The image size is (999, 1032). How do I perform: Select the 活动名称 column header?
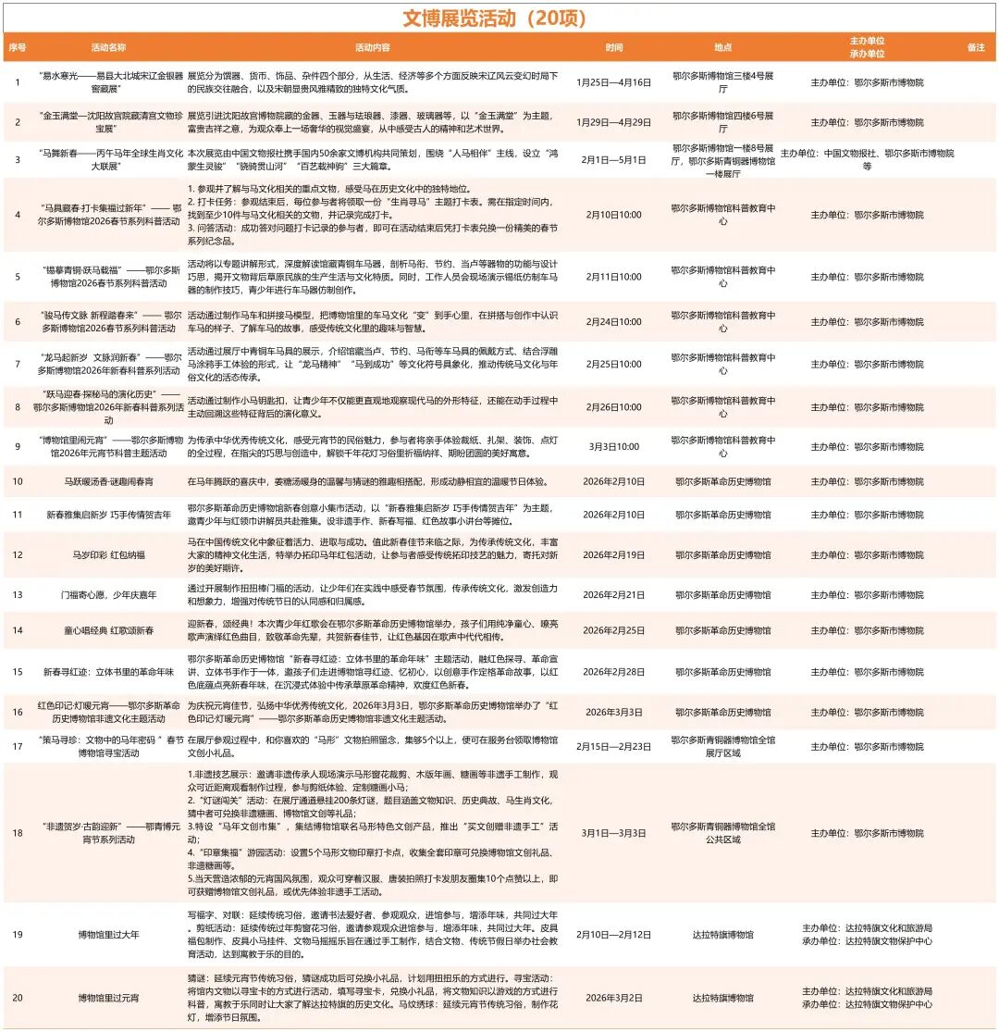tap(109, 46)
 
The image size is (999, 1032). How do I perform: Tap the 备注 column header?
tap(976, 46)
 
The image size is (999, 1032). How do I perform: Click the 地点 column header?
tap(722, 46)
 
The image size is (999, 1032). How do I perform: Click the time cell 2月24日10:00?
tap(613, 322)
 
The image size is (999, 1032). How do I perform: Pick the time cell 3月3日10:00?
tap(613, 446)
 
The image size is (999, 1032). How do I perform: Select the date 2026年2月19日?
tap(613, 554)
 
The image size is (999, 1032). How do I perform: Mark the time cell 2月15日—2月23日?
tap(613, 746)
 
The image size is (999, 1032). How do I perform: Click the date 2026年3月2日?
tap(613, 998)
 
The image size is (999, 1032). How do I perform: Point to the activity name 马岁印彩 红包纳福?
tap(109, 554)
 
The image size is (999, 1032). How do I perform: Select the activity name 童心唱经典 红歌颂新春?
tap(109, 630)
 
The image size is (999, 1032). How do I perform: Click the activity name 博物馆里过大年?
tap(109, 935)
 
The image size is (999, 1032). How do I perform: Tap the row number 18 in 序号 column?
tap(18, 833)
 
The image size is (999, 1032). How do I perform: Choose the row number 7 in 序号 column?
tap(18, 364)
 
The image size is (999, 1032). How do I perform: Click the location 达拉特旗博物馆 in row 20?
tap(722, 998)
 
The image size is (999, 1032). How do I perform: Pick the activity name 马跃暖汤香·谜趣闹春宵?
tap(109, 481)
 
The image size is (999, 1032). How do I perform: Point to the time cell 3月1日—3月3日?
tap(613, 833)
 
